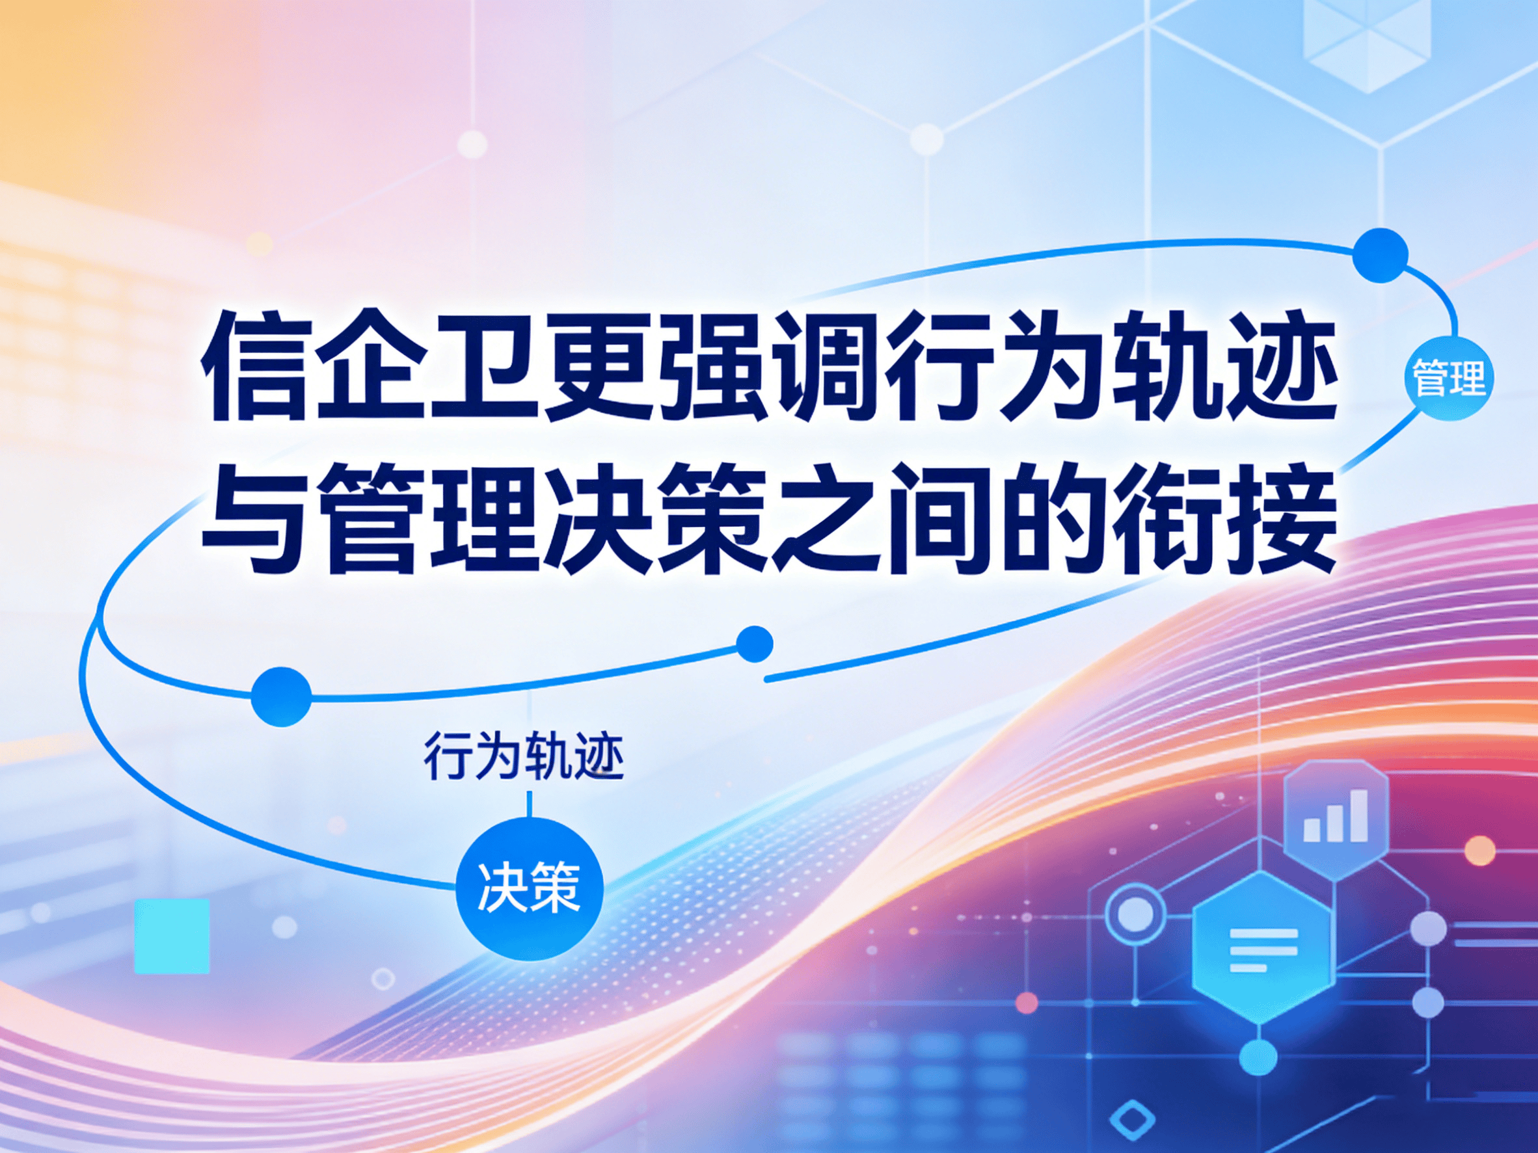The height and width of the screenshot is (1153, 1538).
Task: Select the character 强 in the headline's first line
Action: tap(710, 367)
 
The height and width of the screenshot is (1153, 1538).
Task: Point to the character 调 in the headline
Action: tap(824, 367)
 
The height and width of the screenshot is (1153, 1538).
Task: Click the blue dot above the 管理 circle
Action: tap(1381, 256)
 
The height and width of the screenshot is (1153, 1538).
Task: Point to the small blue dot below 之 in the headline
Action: tap(753, 644)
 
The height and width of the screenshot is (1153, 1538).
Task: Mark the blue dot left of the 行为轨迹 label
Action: tap(281, 696)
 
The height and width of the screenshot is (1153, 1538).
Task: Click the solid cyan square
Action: tap(172, 935)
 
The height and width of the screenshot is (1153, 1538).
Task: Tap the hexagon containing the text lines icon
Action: tap(1263, 950)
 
